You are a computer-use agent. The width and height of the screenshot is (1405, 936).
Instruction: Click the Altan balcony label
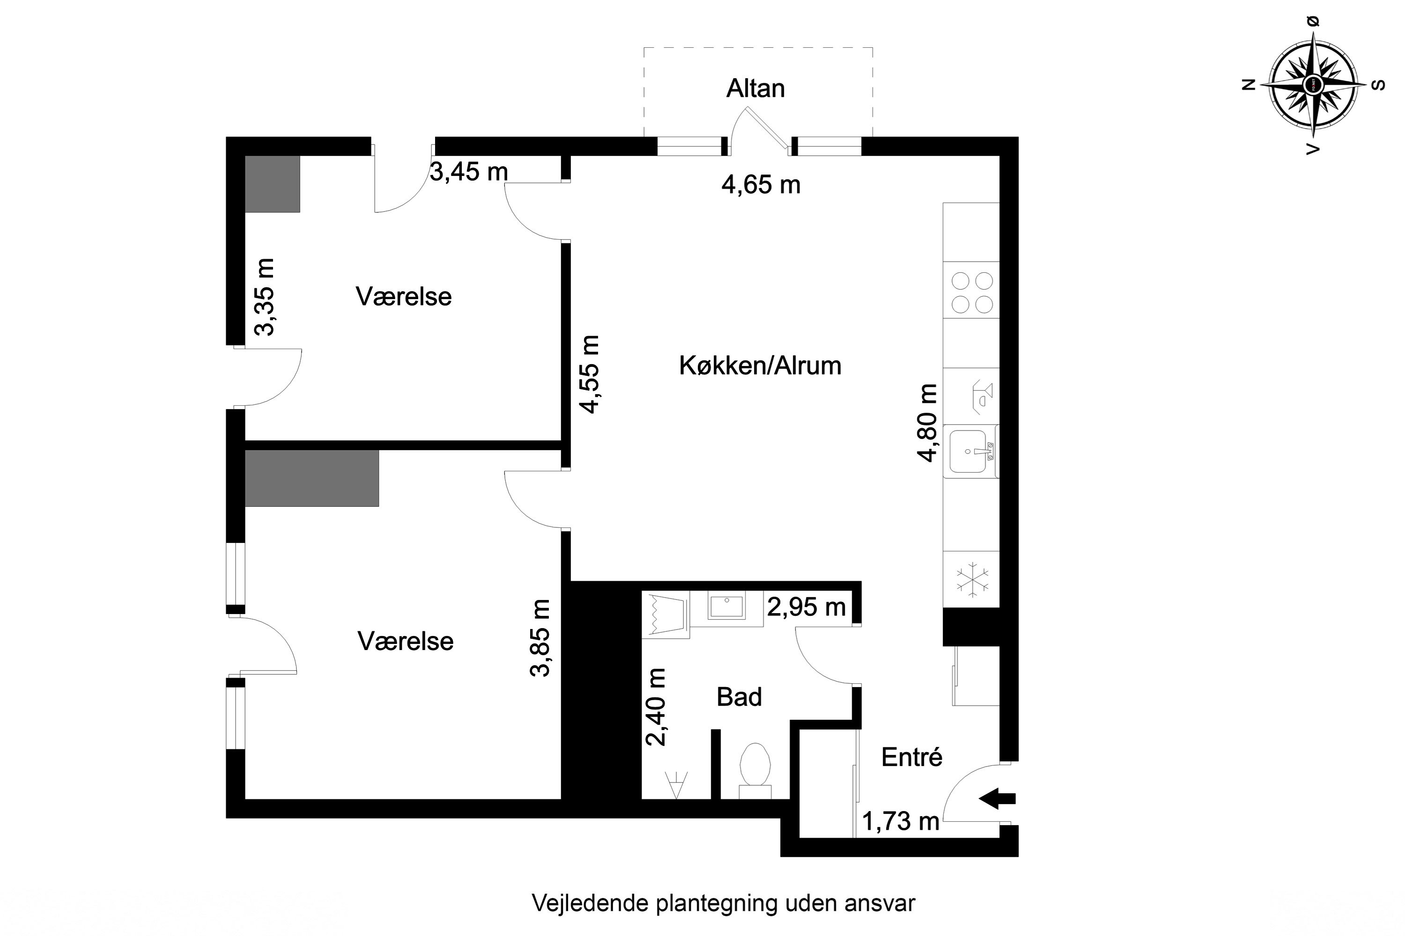[755, 88]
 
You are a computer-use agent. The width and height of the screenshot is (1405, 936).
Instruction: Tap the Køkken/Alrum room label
[760, 366]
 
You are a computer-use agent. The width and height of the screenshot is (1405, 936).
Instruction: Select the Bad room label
[739, 697]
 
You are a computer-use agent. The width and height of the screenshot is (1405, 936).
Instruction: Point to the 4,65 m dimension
[761, 185]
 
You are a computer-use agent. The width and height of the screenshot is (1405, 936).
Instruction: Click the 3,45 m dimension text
[469, 172]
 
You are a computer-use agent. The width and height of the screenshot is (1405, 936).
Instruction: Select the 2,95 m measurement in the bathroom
[806, 607]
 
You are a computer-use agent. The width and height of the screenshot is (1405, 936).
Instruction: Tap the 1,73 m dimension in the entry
[900, 822]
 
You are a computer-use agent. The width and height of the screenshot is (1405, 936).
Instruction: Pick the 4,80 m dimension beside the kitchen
[927, 423]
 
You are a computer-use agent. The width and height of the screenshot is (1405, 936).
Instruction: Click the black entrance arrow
[997, 798]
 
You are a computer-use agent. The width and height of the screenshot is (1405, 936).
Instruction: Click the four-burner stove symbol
[972, 292]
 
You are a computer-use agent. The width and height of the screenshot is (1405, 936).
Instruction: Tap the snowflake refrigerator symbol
[972, 579]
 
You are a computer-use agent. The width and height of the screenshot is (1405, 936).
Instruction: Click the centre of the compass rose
[1312, 84]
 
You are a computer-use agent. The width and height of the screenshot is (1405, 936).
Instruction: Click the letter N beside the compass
[1249, 85]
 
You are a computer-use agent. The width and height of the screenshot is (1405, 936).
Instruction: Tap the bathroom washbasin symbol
[726, 607]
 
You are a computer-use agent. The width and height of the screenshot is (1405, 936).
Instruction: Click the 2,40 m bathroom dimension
[656, 707]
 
